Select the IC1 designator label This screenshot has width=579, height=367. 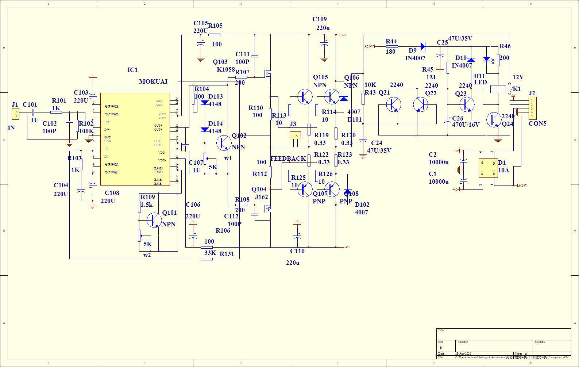click(132, 70)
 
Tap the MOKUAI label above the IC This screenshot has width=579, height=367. click(153, 81)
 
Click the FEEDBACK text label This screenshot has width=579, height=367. click(288, 158)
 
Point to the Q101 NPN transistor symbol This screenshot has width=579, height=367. click(154, 220)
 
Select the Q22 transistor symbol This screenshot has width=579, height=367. click(421, 104)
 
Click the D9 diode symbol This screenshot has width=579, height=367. click(423, 46)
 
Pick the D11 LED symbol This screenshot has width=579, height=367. click(486, 59)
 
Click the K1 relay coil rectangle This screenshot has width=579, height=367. click(498, 89)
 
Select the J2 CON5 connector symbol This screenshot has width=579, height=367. click(533, 108)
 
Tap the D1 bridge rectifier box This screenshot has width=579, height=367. click(488, 168)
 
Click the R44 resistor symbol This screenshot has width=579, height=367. click(391, 46)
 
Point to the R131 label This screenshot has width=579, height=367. click(227, 254)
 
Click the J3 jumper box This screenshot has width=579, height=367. click(295, 135)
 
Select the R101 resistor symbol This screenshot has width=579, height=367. click(56, 112)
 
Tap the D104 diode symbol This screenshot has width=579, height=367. click(205, 130)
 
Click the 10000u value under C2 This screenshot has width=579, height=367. click(439, 162)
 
